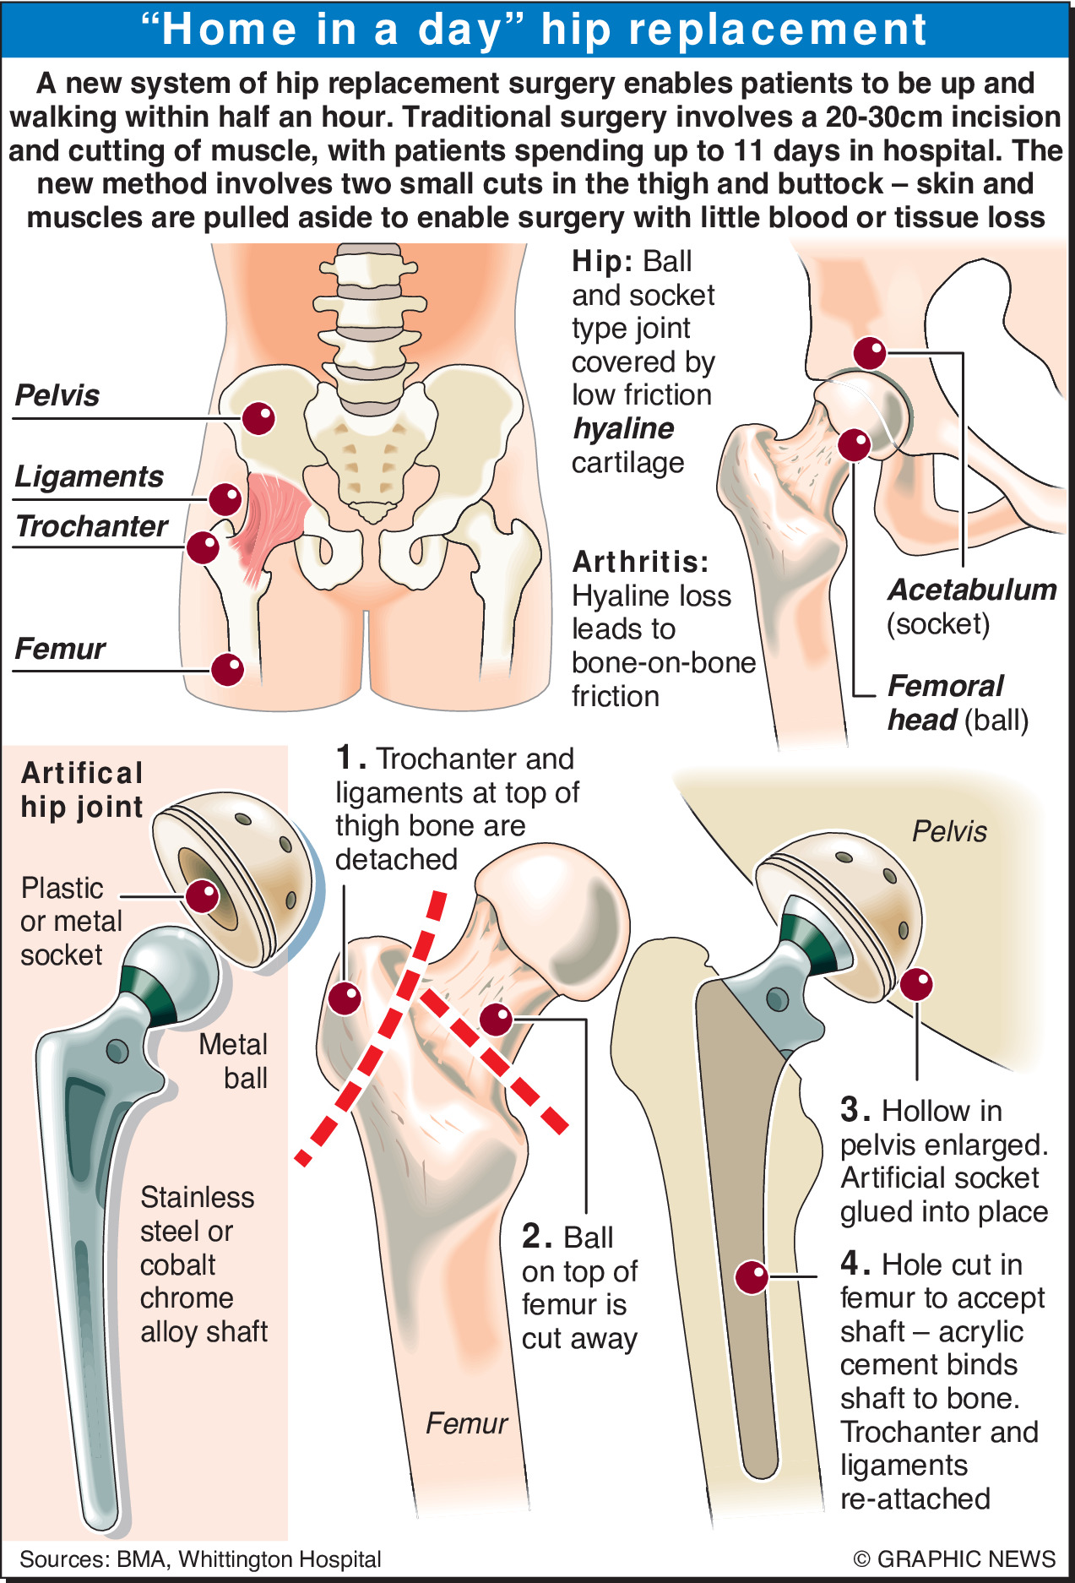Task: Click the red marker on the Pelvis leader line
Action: coord(258,417)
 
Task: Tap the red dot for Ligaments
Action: coord(225,499)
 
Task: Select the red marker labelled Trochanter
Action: coord(204,547)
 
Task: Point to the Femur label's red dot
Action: coord(227,670)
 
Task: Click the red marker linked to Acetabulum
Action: coord(870,352)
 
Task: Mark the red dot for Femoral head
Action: coord(855,444)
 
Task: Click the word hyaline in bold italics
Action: coord(623,429)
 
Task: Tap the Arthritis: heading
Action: coord(640,562)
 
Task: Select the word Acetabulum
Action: coord(972,590)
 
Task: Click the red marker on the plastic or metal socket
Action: coord(203,895)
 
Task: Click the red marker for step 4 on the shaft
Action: coord(751,1277)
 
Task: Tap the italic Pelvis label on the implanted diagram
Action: coord(949,831)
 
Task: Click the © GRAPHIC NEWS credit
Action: coord(954,1559)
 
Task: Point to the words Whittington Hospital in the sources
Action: coord(280,1559)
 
